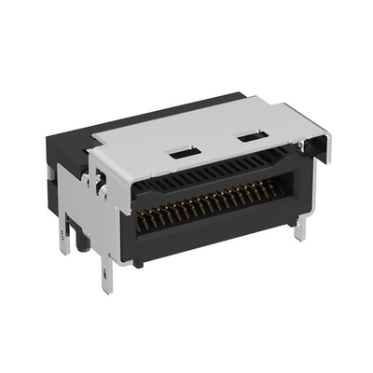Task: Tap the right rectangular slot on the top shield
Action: pos(249,138)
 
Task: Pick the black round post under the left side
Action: pos(82,242)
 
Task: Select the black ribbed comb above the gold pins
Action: pos(214,171)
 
